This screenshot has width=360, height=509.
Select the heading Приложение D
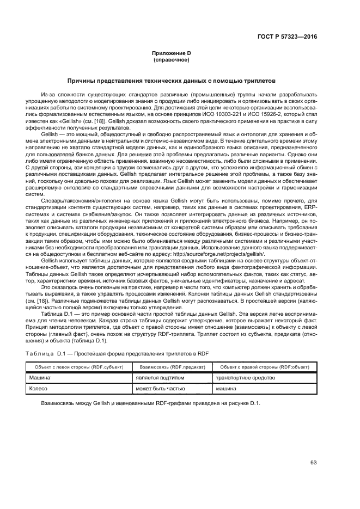(170, 53)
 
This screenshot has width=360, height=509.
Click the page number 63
(313, 463)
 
